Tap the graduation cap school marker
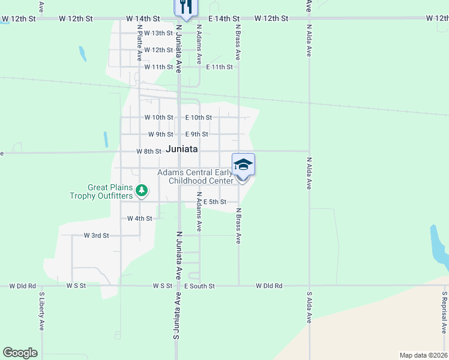(243, 164)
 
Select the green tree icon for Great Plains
(142, 191)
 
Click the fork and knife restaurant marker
(185, 7)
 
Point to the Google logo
(20, 353)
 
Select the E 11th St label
(219, 67)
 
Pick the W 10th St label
(158, 118)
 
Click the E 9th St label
(197, 134)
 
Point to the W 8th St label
(149, 152)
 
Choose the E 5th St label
(214, 202)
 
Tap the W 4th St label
(139, 219)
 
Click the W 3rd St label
(96, 236)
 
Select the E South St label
(199, 287)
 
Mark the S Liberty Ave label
(42, 311)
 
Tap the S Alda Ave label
(310, 307)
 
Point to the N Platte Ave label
(139, 43)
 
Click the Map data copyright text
(423, 355)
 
